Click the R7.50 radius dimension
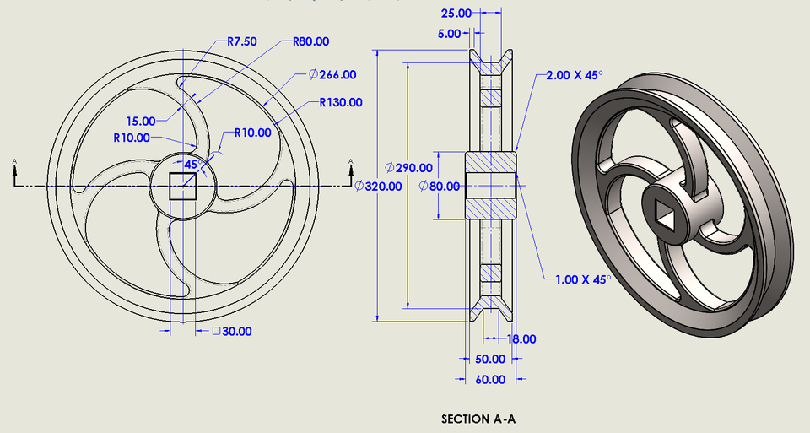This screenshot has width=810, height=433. click(245, 41)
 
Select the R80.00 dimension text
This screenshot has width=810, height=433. click(310, 41)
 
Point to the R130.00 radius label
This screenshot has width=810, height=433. click(341, 102)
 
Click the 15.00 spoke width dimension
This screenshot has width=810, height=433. click(141, 121)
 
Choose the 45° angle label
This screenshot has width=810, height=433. click(191, 165)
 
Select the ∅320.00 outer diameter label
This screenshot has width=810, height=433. click(379, 186)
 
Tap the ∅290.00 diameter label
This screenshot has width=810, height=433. click(408, 167)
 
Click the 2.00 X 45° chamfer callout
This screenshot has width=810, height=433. click(574, 75)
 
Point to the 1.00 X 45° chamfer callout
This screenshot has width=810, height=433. click(581, 278)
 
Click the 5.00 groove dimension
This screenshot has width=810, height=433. click(450, 34)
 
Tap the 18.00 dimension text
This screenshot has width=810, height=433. click(521, 338)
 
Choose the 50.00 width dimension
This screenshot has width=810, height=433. click(490, 359)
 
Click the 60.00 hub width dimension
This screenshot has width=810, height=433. click(490, 379)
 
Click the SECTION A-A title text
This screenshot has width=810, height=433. click(478, 419)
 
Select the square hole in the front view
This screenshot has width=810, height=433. click(184, 186)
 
